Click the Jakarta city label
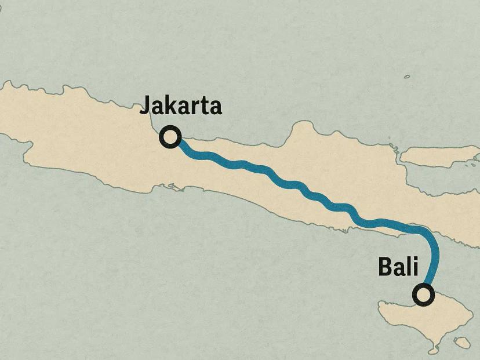pos(181,107)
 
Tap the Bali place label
pos(398,267)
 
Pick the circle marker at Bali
pos(424,295)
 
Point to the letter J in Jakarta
pos(146,106)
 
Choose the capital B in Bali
pos(385,267)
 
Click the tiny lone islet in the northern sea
pos(407,77)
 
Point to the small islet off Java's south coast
pos(172,186)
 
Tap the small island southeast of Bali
pos(462,343)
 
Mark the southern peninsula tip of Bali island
pos(434,350)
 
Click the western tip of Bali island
pos(380,304)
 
